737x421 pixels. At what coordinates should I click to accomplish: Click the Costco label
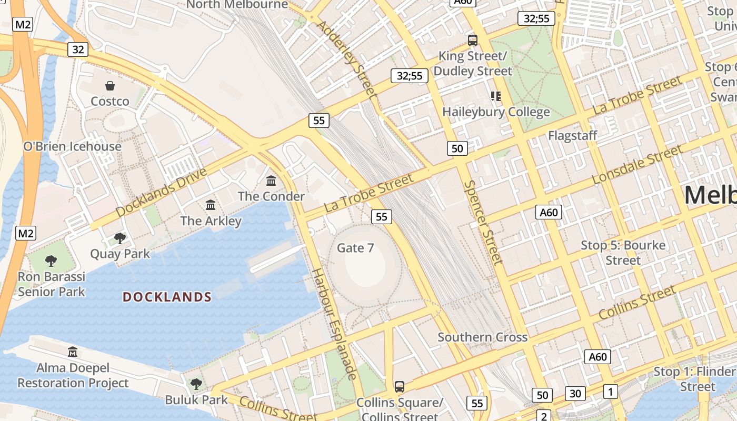(x=110, y=101)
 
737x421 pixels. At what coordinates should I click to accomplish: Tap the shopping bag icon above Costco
(x=110, y=86)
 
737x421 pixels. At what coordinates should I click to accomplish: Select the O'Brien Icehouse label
(x=73, y=146)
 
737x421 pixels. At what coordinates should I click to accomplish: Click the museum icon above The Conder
(x=271, y=181)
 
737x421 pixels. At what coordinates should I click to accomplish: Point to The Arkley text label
(x=211, y=220)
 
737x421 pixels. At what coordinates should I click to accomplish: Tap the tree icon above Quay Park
(x=120, y=238)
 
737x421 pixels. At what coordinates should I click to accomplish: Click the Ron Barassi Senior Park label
(x=51, y=284)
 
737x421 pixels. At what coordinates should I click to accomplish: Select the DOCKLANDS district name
(x=167, y=297)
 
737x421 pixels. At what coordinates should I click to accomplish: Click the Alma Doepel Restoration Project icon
(x=73, y=352)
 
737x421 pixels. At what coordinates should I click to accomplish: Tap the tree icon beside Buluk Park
(x=196, y=384)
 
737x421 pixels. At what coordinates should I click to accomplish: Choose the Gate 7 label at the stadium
(x=355, y=247)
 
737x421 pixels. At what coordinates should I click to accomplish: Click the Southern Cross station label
(x=482, y=337)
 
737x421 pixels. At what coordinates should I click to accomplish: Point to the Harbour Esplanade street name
(x=334, y=323)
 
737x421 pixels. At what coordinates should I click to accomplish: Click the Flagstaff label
(x=572, y=135)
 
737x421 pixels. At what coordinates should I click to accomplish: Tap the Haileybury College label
(x=496, y=112)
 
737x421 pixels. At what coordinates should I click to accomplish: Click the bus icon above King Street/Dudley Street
(x=473, y=40)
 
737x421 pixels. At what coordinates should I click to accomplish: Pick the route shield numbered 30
(x=575, y=393)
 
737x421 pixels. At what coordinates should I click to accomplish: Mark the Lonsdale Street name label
(x=636, y=165)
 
